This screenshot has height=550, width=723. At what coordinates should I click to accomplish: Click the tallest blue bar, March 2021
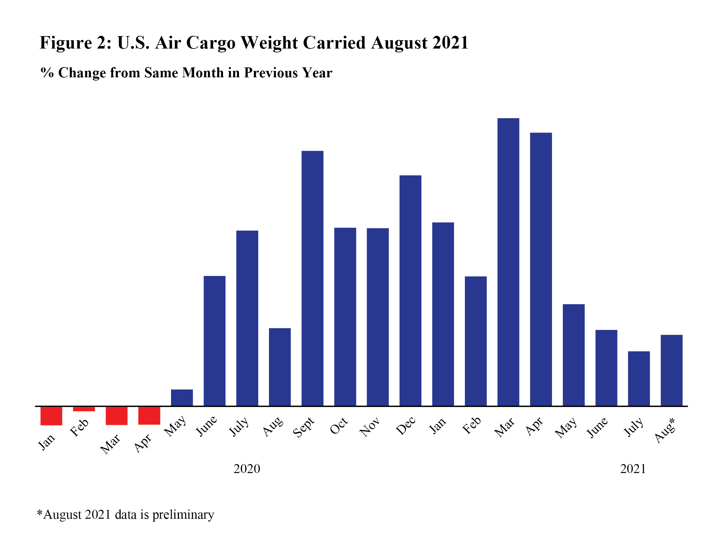tap(508, 262)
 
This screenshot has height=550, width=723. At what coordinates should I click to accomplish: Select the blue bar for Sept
tap(312, 278)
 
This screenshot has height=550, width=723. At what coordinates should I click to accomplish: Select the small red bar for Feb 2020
tap(84, 409)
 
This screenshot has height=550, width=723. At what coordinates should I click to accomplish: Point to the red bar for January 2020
tap(51, 416)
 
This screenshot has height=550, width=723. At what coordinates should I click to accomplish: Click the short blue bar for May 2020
tap(182, 398)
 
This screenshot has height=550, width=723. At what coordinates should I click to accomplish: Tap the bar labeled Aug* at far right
tap(671, 370)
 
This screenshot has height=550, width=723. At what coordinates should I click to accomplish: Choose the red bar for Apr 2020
tap(149, 416)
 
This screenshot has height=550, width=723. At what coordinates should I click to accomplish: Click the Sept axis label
tap(303, 427)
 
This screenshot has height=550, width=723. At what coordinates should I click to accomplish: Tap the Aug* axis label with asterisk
tap(665, 431)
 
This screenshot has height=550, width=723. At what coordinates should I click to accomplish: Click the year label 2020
tap(247, 469)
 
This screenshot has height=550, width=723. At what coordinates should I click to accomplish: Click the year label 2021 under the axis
tap(633, 469)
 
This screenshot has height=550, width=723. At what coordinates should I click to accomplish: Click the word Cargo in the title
tap(211, 43)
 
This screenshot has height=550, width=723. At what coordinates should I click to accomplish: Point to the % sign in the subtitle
tap(47, 73)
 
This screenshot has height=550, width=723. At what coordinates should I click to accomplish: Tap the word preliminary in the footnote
tap(183, 515)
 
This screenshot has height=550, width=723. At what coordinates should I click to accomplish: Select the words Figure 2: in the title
tap(76, 43)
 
